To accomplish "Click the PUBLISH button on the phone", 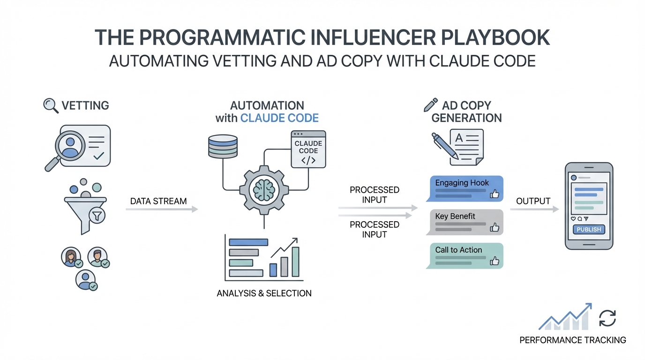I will coord(588,230).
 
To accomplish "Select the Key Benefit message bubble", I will coord(464,222).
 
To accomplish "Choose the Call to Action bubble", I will coord(464,255).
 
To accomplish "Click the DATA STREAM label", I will coord(158,201).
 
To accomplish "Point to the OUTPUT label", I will coord(533,201).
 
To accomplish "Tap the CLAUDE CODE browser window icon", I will coord(308,149).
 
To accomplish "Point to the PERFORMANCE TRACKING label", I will coord(572,340).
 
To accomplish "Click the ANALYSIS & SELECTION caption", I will coord(264,293).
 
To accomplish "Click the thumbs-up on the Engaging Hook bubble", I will coord(494,194).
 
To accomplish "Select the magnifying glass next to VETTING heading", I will coord(50,105).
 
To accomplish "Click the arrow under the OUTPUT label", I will coord(534,209).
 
